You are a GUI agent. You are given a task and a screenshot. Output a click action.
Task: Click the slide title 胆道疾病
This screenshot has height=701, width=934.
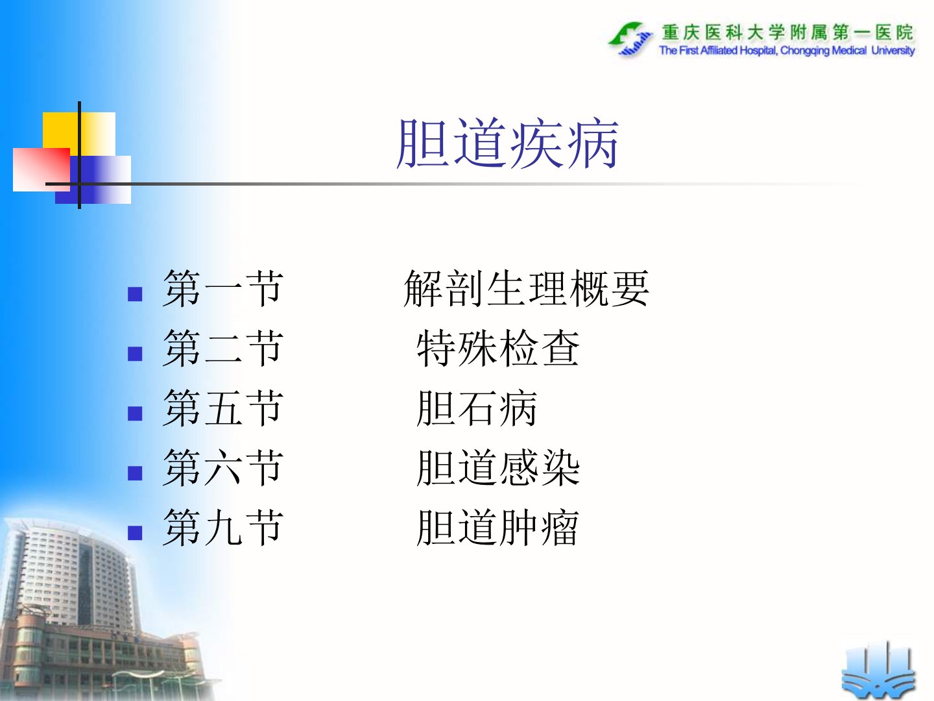[x=507, y=143]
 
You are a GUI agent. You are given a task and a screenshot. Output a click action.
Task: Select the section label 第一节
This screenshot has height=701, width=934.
[x=222, y=288]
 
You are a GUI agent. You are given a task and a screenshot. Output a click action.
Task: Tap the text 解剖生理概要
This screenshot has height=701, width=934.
[x=527, y=288]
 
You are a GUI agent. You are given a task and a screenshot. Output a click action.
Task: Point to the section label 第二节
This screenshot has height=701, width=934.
[x=222, y=348]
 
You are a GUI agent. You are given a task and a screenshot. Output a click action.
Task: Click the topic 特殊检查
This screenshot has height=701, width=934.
[x=498, y=348]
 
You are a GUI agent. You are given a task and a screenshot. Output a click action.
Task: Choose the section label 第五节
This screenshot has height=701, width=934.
[x=222, y=408]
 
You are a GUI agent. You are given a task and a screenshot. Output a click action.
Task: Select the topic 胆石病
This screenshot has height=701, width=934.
[x=477, y=408]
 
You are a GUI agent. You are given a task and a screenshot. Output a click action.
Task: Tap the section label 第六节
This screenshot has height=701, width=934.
[x=222, y=468]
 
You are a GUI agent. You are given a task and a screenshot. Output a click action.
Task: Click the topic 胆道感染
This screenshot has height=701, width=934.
[x=498, y=468]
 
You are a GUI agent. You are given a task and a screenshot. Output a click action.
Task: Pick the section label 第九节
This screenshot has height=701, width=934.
[x=222, y=527]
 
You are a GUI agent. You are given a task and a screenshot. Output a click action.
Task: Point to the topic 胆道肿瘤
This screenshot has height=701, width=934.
[x=498, y=527]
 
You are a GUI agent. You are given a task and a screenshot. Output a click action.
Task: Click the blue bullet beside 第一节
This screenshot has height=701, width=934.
[x=135, y=294]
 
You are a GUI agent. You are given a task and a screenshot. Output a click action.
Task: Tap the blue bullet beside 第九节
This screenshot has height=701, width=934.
[x=135, y=533]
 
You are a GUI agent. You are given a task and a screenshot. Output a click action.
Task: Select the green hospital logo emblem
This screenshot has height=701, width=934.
[x=630, y=39]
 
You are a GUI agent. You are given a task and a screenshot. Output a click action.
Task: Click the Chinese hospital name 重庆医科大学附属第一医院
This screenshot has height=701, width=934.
[x=787, y=32]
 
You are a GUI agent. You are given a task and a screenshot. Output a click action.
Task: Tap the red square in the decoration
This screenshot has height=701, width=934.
[x=42, y=169]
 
